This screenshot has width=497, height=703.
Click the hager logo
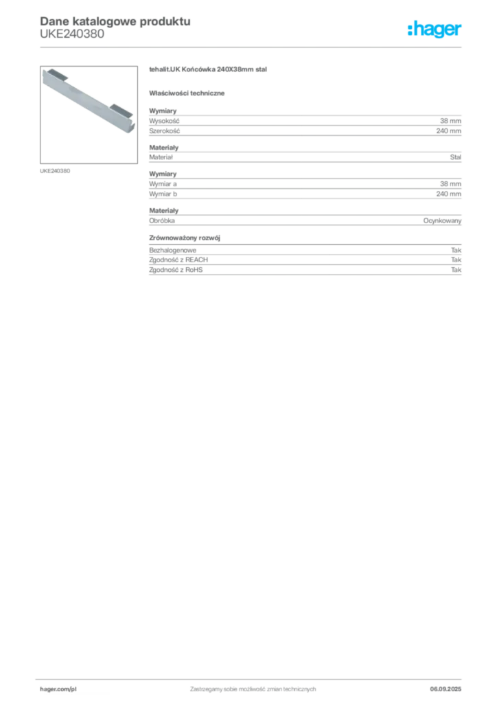(x=435, y=29)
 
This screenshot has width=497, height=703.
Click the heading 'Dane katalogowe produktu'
(x=115, y=21)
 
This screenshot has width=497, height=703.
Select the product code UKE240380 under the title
(x=72, y=34)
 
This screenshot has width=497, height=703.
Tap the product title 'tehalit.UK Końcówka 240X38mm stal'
(x=208, y=69)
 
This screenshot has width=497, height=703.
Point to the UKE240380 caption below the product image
(x=55, y=171)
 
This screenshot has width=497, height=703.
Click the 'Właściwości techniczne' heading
(x=187, y=93)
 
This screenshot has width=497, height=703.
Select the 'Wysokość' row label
(x=164, y=121)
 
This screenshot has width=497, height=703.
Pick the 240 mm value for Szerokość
(x=448, y=131)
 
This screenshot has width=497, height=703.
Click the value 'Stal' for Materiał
(x=455, y=157)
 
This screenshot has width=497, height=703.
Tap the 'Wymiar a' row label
(x=163, y=184)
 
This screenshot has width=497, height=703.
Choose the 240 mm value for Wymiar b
(x=448, y=194)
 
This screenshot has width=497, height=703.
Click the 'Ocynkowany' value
(x=442, y=220)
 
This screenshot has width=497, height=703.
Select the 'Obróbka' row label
(x=162, y=220)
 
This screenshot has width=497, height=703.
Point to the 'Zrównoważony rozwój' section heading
(x=185, y=238)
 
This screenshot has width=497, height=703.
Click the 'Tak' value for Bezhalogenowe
(x=456, y=250)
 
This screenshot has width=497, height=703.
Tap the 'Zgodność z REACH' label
(x=178, y=260)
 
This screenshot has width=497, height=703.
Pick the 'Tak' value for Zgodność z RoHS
(x=456, y=270)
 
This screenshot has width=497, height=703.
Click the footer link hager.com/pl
(x=58, y=689)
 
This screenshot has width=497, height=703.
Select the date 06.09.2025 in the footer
(x=446, y=689)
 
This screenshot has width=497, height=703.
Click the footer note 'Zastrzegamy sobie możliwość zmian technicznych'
(x=253, y=689)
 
